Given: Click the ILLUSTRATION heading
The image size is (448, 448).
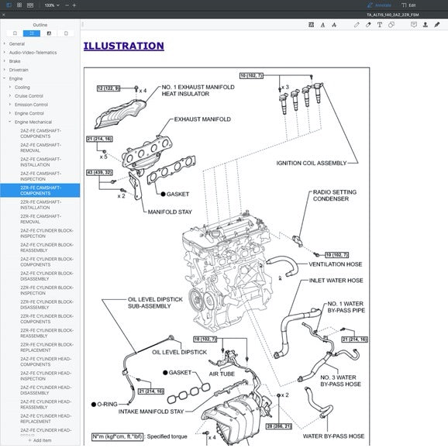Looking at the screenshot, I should (x=123, y=46).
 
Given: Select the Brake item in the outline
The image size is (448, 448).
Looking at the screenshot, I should (x=15, y=61).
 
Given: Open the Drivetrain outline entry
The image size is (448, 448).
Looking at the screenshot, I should (x=19, y=70).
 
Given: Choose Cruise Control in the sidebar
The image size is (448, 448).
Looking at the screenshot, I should (x=29, y=96).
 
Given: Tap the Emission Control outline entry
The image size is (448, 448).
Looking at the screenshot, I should (x=31, y=105).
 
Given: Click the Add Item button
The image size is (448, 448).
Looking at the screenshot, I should (x=40, y=440).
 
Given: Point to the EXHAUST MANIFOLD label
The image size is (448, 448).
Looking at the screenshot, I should (x=202, y=119).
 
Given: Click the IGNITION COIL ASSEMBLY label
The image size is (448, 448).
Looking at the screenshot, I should (x=311, y=164).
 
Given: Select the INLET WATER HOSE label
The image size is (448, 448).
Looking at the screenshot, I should (x=336, y=281).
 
